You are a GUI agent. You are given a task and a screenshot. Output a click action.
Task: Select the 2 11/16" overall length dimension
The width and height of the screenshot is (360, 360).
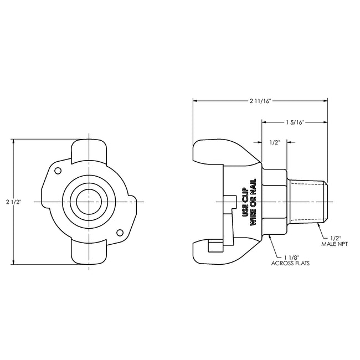click(259, 100)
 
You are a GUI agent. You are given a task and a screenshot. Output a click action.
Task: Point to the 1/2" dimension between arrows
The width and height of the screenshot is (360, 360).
click(274, 142)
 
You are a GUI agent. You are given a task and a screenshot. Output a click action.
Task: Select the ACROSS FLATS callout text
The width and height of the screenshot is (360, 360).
click(291, 264)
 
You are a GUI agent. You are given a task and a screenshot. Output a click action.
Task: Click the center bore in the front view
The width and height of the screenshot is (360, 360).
click(89, 201)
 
